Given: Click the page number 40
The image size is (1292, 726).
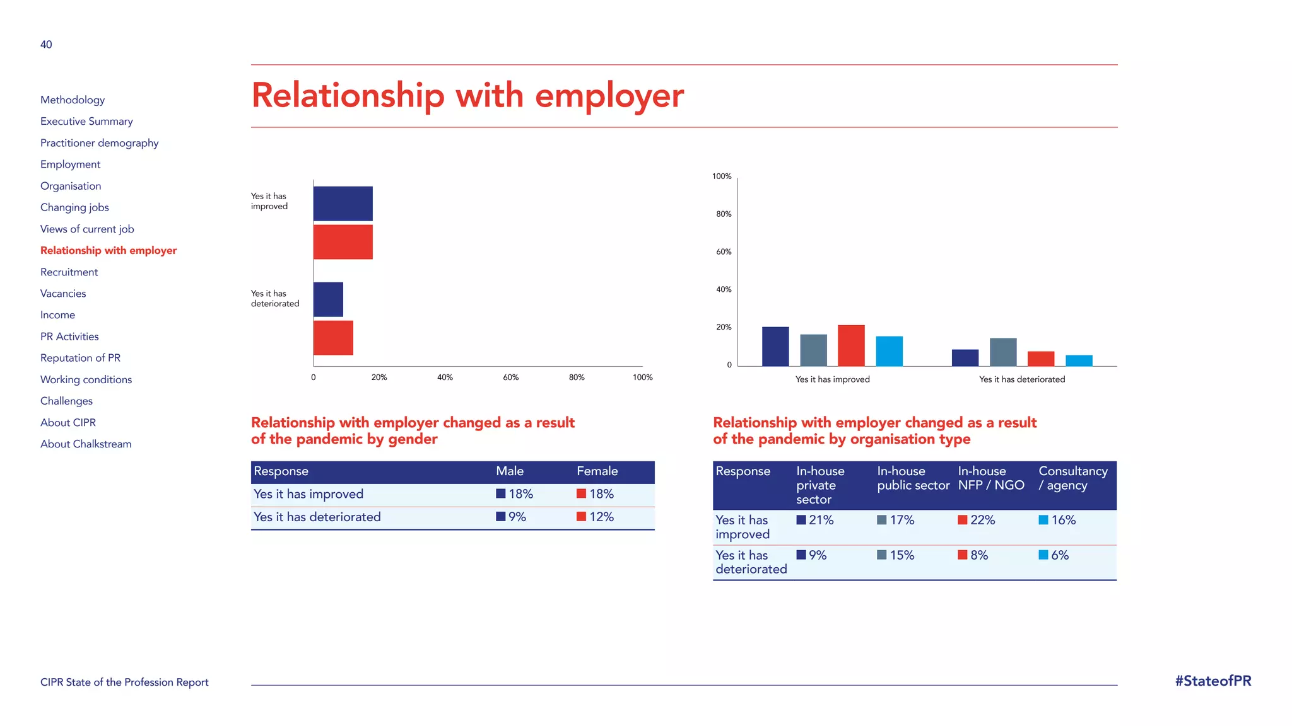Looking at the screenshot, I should pyautogui.click(x=46, y=44).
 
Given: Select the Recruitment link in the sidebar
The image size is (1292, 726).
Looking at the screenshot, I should pyautogui.click(x=69, y=272).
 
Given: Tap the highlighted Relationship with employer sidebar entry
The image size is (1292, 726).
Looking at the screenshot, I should pyautogui.click(x=109, y=250).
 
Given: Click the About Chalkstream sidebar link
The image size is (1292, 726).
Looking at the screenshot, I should pyautogui.click(x=86, y=444).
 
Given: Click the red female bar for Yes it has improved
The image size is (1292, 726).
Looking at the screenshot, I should pyautogui.click(x=343, y=242).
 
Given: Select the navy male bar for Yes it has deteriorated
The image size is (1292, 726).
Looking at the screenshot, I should pyautogui.click(x=328, y=299).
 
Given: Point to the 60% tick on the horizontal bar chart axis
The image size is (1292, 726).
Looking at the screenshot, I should pyautogui.click(x=510, y=377).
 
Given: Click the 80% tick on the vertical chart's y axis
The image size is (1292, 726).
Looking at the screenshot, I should pyautogui.click(x=724, y=214).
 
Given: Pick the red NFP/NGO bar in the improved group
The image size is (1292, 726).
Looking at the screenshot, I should pyautogui.click(x=851, y=345).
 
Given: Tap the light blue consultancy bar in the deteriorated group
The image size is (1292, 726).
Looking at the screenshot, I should pyautogui.click(x=1079, y=360).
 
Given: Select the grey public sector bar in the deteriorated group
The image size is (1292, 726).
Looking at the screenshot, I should pyautogui.click(x=1003, y=352).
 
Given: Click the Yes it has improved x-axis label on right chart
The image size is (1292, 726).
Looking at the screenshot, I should pyautogui.click(x=832, y=379).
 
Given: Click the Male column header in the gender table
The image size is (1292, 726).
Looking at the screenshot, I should pyautogui.click(x=510, y=471).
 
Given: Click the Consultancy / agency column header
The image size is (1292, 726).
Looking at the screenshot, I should pyautogui.click(x=1072, y=478).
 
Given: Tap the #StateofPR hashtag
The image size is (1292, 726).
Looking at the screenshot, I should pyautogui.click(x=1213, y=681).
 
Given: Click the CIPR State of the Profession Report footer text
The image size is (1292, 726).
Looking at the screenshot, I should pyautogui.click(x=124, y=683).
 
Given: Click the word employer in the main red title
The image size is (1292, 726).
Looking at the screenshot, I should pyautogui.click(x=609, y=96).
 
